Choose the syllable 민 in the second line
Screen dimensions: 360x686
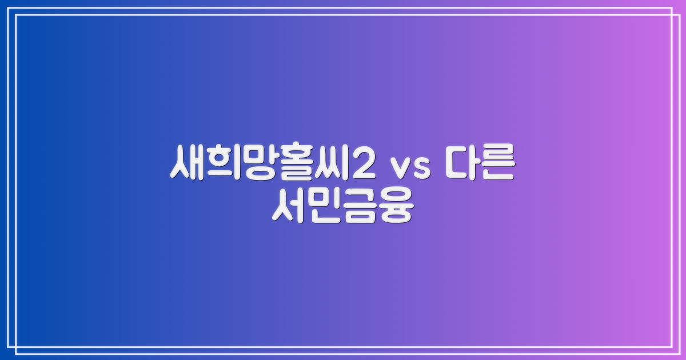pyautogui.click(x=325, y=207)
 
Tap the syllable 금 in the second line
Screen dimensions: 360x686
pyautogui.click(x=360, y=207)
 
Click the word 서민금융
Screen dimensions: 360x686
pyautogui.click(x=342, y=207)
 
